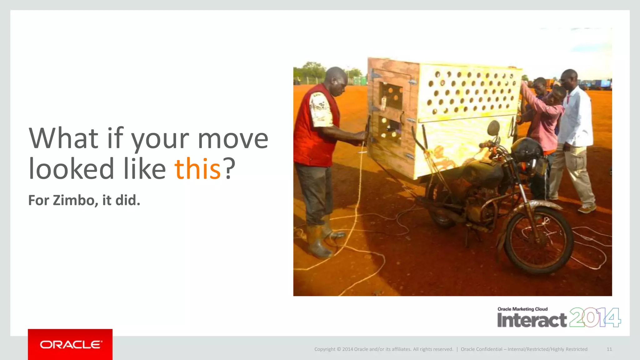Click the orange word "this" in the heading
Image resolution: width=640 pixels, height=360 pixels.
(x=197, y=169)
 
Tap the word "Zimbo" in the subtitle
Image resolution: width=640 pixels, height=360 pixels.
(x=73, y=200)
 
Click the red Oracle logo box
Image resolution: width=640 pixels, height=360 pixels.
(x=70, y=344)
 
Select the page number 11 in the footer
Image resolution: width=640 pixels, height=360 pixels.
(x=609, y=349)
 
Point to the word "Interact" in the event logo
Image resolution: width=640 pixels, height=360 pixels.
(x=532, y=320)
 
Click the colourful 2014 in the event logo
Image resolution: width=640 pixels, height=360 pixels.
(x=595, y=317)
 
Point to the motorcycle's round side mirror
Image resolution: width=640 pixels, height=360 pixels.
(x=493, y=128)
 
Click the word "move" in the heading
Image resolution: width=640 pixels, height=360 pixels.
(x=233, y=138)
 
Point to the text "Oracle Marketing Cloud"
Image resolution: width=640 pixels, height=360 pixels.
(x=522, y=309)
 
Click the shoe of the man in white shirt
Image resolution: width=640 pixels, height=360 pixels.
(x=587, y=209)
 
